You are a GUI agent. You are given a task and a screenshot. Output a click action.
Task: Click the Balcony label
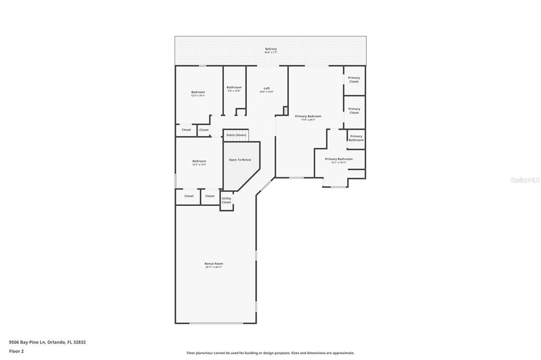[x=270, y=49]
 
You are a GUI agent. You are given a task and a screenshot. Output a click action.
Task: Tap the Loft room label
[x=267, y=88]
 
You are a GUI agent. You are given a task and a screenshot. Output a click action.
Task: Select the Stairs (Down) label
[x=236, y=135]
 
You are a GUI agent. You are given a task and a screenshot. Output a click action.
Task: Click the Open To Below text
[x=240, y=159]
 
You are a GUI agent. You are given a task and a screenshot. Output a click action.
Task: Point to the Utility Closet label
[x=226, y=200]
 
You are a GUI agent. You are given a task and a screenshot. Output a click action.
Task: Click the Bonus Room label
[x=214, y=263]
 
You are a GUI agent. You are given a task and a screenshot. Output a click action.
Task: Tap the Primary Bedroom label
[x=308, y=116]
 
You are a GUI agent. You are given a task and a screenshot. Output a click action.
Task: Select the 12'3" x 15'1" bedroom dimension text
[x=198, y=96]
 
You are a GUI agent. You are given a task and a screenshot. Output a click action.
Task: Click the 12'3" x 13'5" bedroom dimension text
[x=199, y=165]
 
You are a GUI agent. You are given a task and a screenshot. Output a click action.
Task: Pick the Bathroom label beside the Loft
[x=234, y=87]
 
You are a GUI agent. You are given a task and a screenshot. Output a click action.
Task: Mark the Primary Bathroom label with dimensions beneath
[x=339, y=159]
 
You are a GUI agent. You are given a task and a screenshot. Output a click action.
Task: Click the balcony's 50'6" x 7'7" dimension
[x=270, y=52]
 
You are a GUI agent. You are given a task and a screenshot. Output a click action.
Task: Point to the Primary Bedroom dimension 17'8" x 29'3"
[x=308, y=120]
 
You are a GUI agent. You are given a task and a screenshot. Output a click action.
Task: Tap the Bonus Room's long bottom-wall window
[x=216, y=323]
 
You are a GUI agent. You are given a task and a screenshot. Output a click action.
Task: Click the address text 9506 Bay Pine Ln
[x=27, y=342]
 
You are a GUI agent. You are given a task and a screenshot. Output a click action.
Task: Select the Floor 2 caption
[x=16, y=351]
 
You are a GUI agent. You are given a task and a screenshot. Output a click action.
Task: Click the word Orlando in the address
[x=56, y=342]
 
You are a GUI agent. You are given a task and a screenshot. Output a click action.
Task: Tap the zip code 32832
[x=79, y=342]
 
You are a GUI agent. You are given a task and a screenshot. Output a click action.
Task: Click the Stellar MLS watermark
[x=525, y=180]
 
